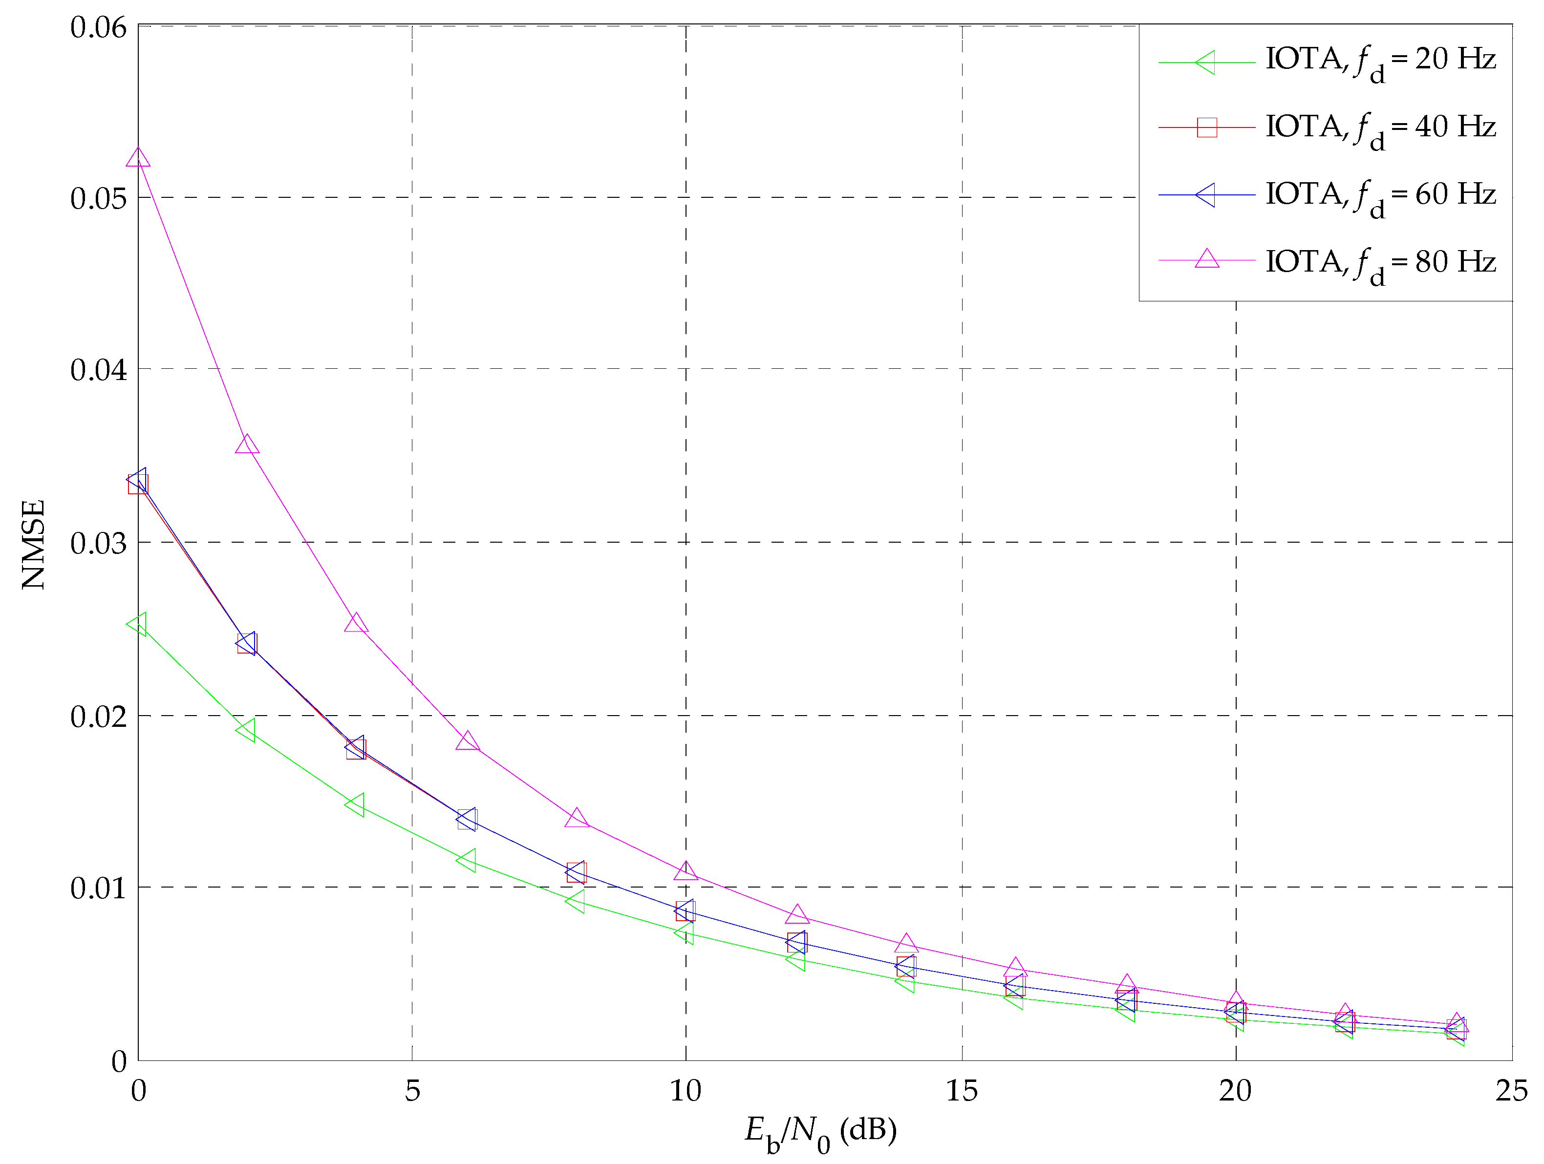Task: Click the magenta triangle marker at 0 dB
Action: click(138, 158)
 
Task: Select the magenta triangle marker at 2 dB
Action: click(247, 445)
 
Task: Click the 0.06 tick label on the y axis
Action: click(98, 27)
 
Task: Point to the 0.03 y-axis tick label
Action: click(98, 543)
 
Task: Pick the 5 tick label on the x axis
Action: click(412, 1091)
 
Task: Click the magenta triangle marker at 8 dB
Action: click(577, 818)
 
